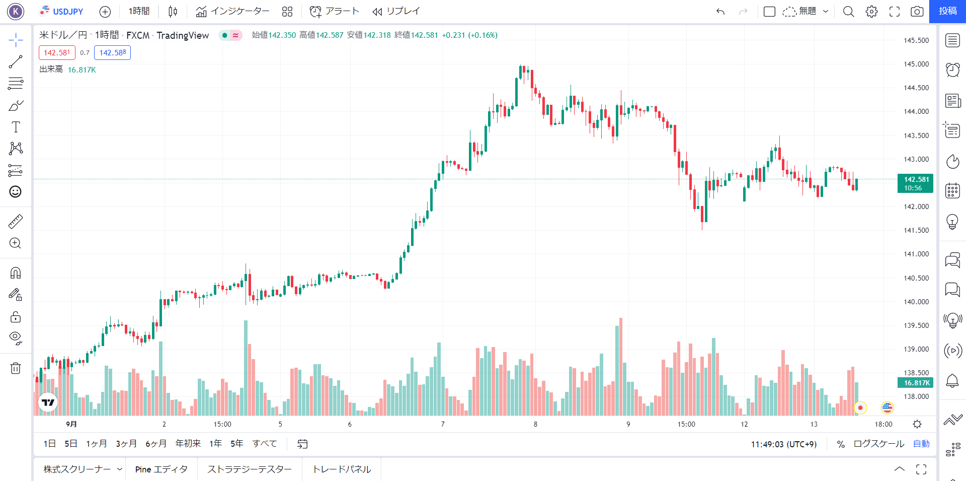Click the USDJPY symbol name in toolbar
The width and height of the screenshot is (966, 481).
tap(68, 11)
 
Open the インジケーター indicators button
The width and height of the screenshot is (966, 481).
tap(232, 11)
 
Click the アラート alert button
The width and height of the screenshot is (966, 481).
tap(334, 11)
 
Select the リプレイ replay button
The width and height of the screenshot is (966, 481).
tap(396, 11)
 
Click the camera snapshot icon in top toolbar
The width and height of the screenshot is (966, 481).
tap(917, 11)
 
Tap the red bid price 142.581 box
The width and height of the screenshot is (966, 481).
tap(57, 52)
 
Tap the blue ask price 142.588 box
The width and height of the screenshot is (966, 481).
tap(112, 52)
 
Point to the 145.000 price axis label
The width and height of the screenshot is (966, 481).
tap(916, 64)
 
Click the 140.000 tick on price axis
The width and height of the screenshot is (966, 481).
tap(916, 302)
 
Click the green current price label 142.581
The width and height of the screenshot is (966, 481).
tap(915, 183)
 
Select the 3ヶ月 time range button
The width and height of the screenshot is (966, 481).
tap(126, 444)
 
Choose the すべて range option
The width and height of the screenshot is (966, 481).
tap(265, 444)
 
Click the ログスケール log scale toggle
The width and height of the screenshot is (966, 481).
tap(878, 444)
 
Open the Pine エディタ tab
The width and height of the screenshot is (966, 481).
tap(161, 469)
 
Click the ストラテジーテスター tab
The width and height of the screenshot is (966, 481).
tap(250, 469)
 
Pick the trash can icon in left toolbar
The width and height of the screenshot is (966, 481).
tap(16, 368)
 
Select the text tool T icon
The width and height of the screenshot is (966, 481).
tap(16, 127)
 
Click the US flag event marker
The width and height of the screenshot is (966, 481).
tap(887, 407)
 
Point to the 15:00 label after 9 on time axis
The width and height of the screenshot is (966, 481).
tap(686, 424)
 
